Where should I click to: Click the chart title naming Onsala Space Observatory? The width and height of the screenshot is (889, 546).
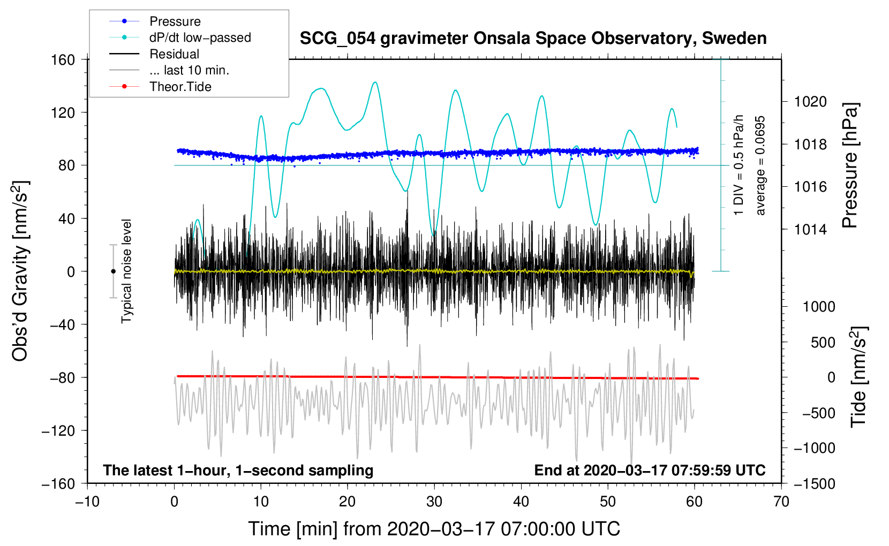533,39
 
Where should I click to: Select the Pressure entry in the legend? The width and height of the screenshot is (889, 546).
175,21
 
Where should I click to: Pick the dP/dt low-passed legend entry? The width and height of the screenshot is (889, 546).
200,37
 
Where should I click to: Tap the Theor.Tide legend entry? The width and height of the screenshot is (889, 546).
180,87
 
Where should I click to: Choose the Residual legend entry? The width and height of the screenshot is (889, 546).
174,54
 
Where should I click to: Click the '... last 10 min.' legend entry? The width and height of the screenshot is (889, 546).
189,70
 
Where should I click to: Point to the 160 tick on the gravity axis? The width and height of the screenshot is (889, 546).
63,59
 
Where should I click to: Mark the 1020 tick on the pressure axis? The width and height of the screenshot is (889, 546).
810,102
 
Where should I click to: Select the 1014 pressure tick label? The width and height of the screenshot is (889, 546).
810,230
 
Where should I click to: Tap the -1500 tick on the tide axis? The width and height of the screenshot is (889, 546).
815,483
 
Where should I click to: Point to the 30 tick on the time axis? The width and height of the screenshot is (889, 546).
434,502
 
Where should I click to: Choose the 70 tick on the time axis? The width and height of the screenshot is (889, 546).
781,502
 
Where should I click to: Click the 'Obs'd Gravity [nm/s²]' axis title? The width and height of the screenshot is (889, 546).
20,271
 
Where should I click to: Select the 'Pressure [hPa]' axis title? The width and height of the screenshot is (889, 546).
850,166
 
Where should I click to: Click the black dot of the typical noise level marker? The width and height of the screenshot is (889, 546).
113,271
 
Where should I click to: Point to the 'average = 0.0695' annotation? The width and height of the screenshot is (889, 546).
760,166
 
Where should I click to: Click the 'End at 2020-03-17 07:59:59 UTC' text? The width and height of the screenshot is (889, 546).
650,470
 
